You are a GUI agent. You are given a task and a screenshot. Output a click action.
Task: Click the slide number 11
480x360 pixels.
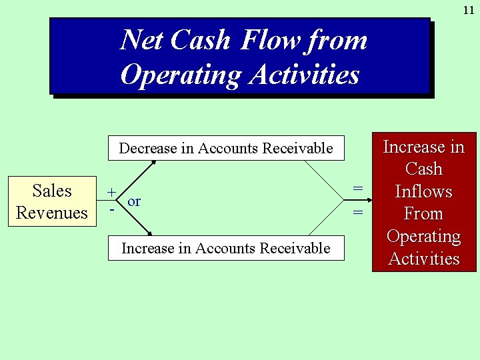click(x=468, y=11)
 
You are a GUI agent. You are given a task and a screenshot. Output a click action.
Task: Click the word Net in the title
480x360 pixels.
click(x=141, y=41)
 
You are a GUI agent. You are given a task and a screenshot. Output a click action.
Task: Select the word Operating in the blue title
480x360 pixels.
click(x=181, y=75)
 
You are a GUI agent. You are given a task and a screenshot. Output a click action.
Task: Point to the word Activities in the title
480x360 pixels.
click(x=304, y=75)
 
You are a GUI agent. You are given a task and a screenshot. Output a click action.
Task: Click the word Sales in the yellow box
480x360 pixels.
click(x=52, y=191)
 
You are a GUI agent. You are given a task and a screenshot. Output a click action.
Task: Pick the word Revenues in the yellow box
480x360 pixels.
click(x=52, y=213)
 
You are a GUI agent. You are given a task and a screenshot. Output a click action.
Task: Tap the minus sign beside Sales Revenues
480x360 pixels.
click(x=112, y=209)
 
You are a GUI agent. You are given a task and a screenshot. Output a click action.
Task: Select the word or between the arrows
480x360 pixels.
click(x=134, y=201)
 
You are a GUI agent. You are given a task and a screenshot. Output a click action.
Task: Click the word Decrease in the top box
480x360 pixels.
click(x=148, y=148)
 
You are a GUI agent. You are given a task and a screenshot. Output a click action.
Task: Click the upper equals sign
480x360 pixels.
click(x=358, y=189)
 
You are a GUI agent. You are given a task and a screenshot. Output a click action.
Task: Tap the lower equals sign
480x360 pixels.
click(x=358, y=213)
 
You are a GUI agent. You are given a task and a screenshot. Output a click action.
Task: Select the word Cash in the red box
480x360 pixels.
click(x=424, y=169)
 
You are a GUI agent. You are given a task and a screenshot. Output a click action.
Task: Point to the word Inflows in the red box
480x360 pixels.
click(x=424, y=192)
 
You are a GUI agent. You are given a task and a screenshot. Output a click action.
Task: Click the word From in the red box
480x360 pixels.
click(x=424, y=214)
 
